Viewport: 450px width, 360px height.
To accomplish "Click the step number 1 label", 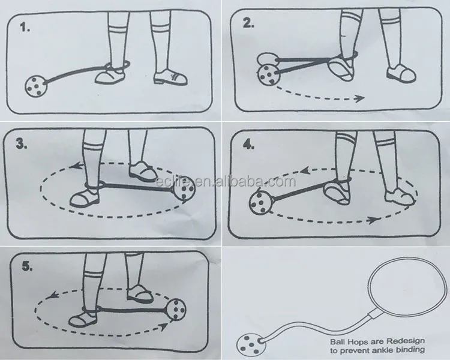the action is pos(25,27).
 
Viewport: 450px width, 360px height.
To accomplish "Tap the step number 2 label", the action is pos(248,23).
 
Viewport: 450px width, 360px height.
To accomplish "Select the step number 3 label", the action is pos(21,143).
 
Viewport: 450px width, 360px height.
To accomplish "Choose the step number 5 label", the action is pos(27,266).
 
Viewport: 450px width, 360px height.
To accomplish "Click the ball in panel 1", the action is pos(35,86).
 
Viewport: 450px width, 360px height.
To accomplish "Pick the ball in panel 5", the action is pos(176,309).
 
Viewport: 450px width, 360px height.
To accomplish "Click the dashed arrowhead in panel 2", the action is pos(359,98).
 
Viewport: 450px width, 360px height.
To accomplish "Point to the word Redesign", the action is pos(406,341).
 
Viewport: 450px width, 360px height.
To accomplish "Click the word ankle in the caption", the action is pos(382,350).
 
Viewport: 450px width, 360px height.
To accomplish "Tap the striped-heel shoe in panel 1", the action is pos(170,77).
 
